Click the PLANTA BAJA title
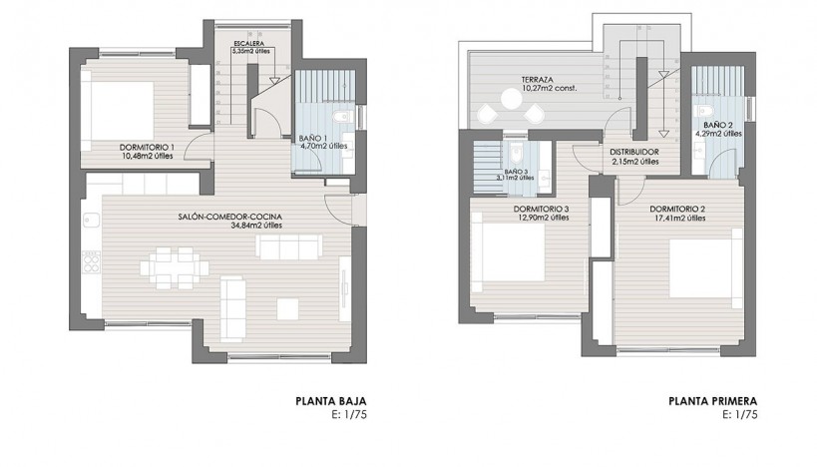coord(324,403)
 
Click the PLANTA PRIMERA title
coord(713,403)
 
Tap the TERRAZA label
coord(539,80)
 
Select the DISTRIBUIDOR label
coord(634,153)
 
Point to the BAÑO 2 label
coord(717,124)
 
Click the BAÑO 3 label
coord(517,171)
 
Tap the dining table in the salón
coord(174,267)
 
